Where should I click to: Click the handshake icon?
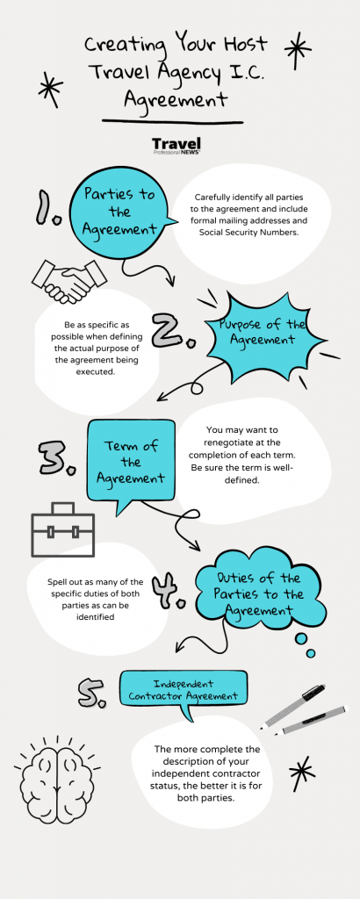click(64, 282)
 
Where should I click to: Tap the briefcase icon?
click(62, 529)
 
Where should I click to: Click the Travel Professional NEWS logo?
click(176, 146)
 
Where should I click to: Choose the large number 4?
click(169, 591)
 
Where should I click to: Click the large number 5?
click(91, 692)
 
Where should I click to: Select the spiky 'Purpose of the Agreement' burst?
click(261, 332)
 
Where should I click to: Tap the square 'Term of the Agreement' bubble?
click(131, 462)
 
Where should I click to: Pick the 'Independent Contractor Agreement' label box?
click(184, 690)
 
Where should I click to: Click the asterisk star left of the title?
click(50, 90)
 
